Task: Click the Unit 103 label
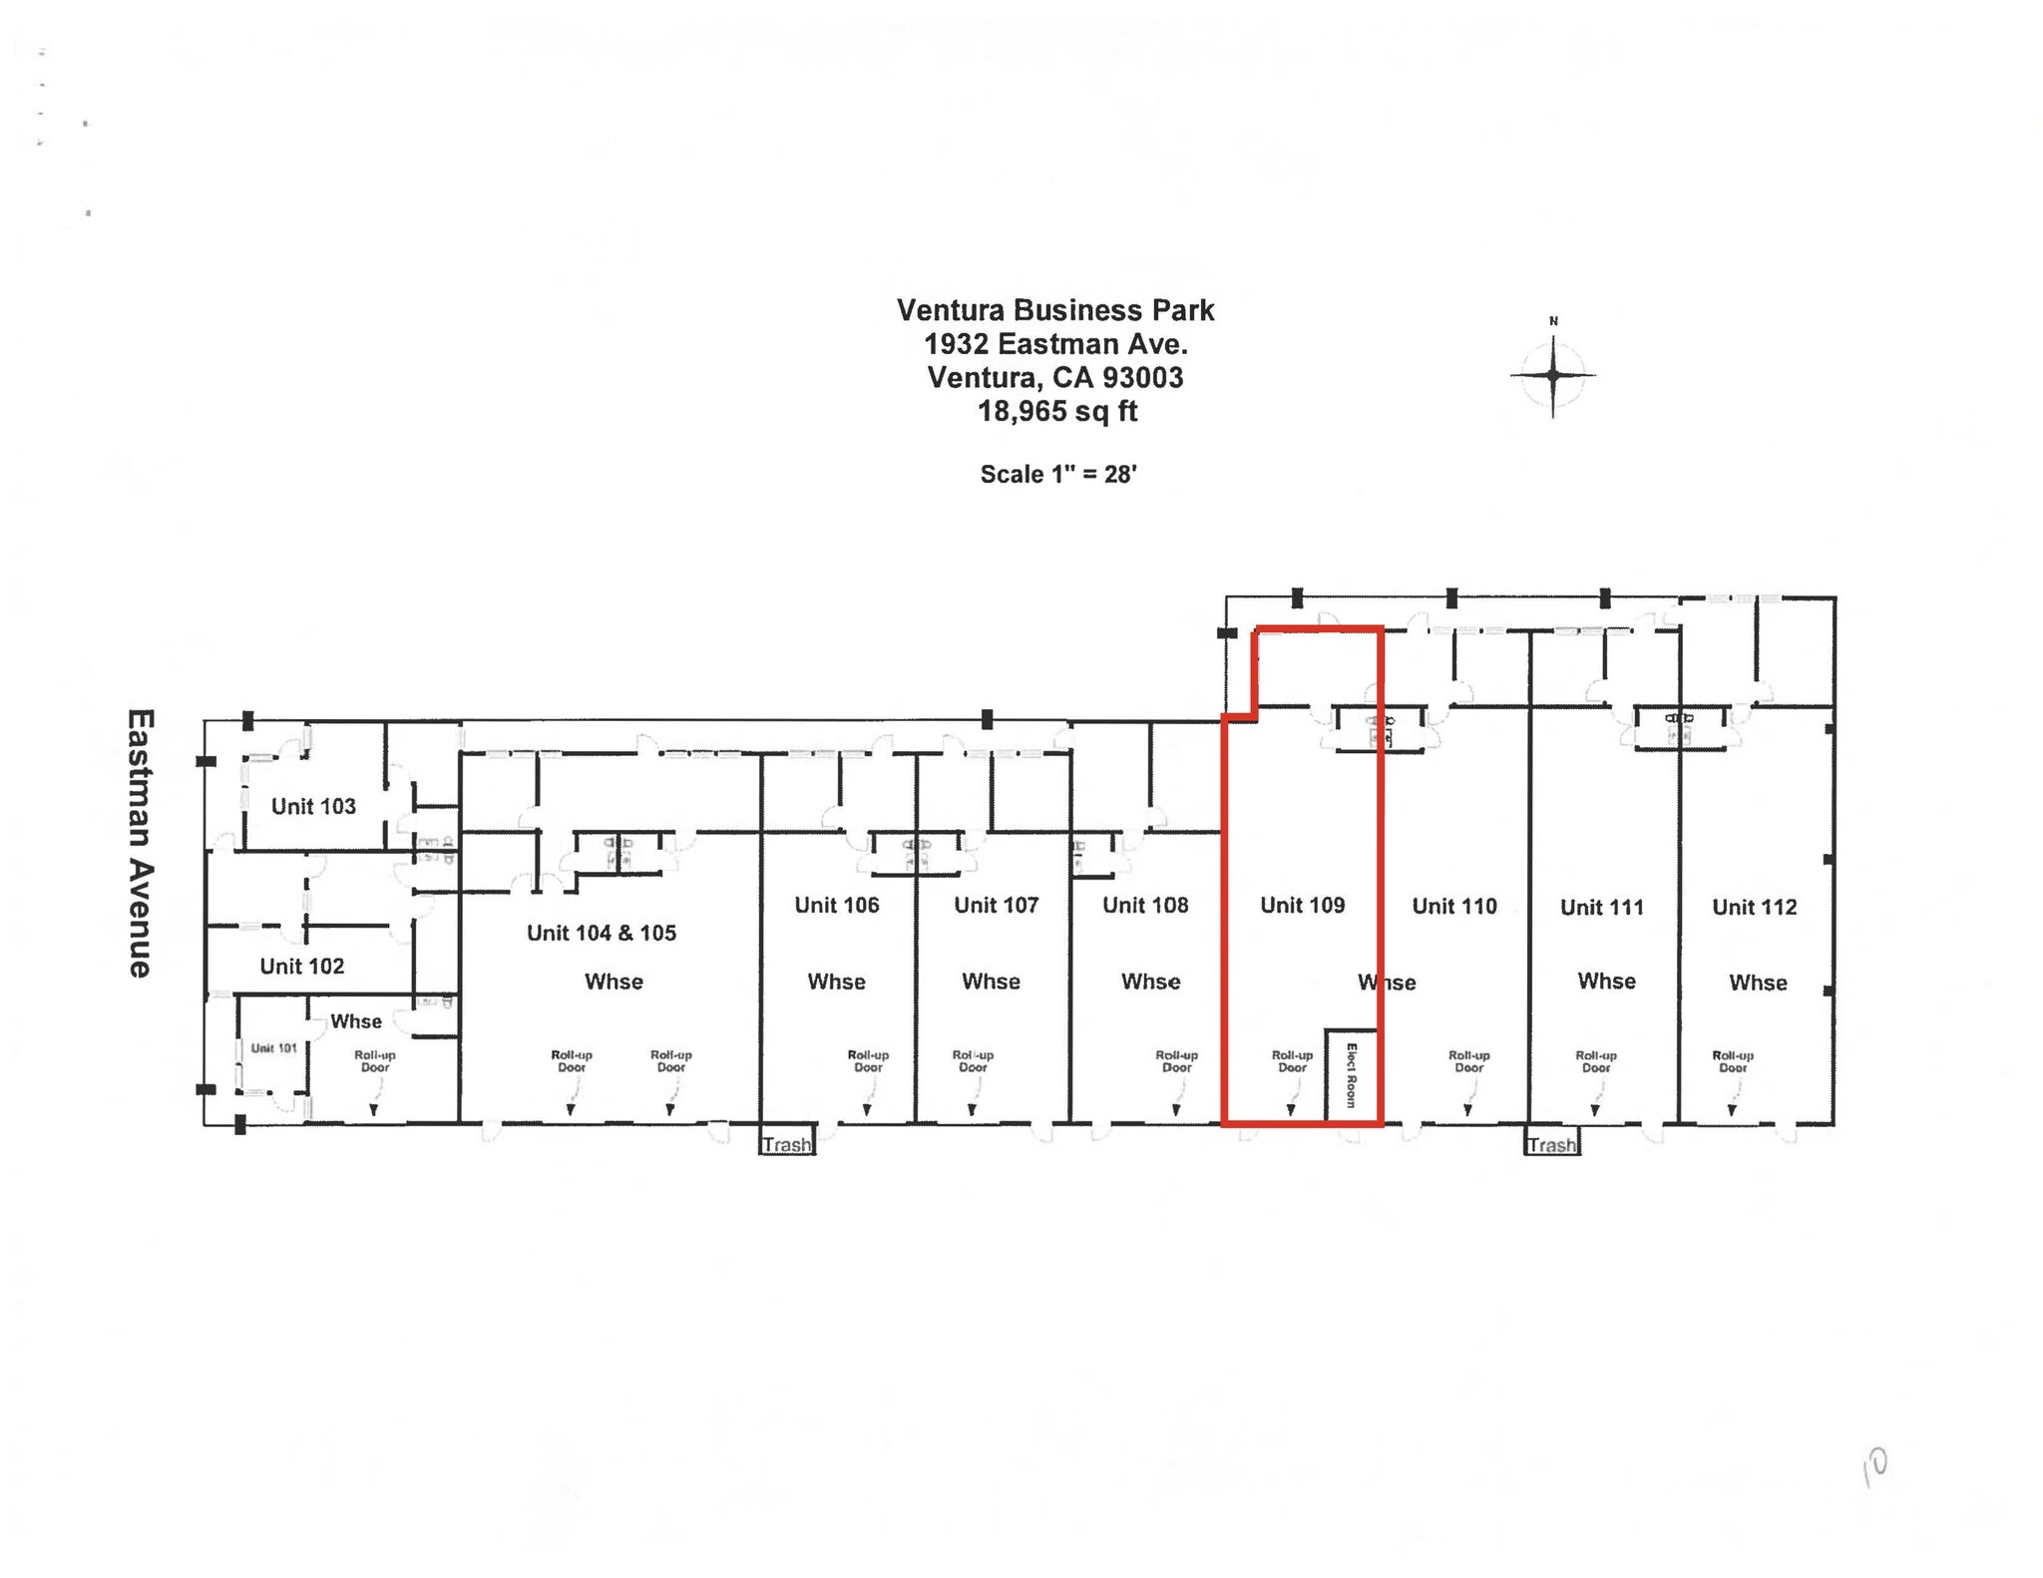(x=313, y=806)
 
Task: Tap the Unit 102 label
(x=301, y=966)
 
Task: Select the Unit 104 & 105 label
(x=602, y=933)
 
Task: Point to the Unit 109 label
(x=1302, y=905)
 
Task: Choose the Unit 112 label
(x=1754, y=907)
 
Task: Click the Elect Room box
(x=1352, y=1075)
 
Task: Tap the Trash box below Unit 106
(x=787, y=1144)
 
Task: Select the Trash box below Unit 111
(x=1551, y=1144)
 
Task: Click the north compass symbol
(x=1552, y=375)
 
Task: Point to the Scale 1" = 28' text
(x=1058, y=474)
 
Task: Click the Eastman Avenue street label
(x=141, y=843)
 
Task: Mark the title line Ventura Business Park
(x=1055, y=310)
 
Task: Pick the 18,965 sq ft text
(x=1057, y=411)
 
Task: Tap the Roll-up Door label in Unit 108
(x=1176, y=1061)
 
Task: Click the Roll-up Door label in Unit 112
(x=1733, y=1061)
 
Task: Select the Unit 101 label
(x=273, y=1047)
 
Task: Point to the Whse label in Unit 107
(x=991, y=982)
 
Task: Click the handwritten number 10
(x=1874, y=1467)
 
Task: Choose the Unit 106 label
(x=836, y=905)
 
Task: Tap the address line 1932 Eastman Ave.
(x=1055, y=344)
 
